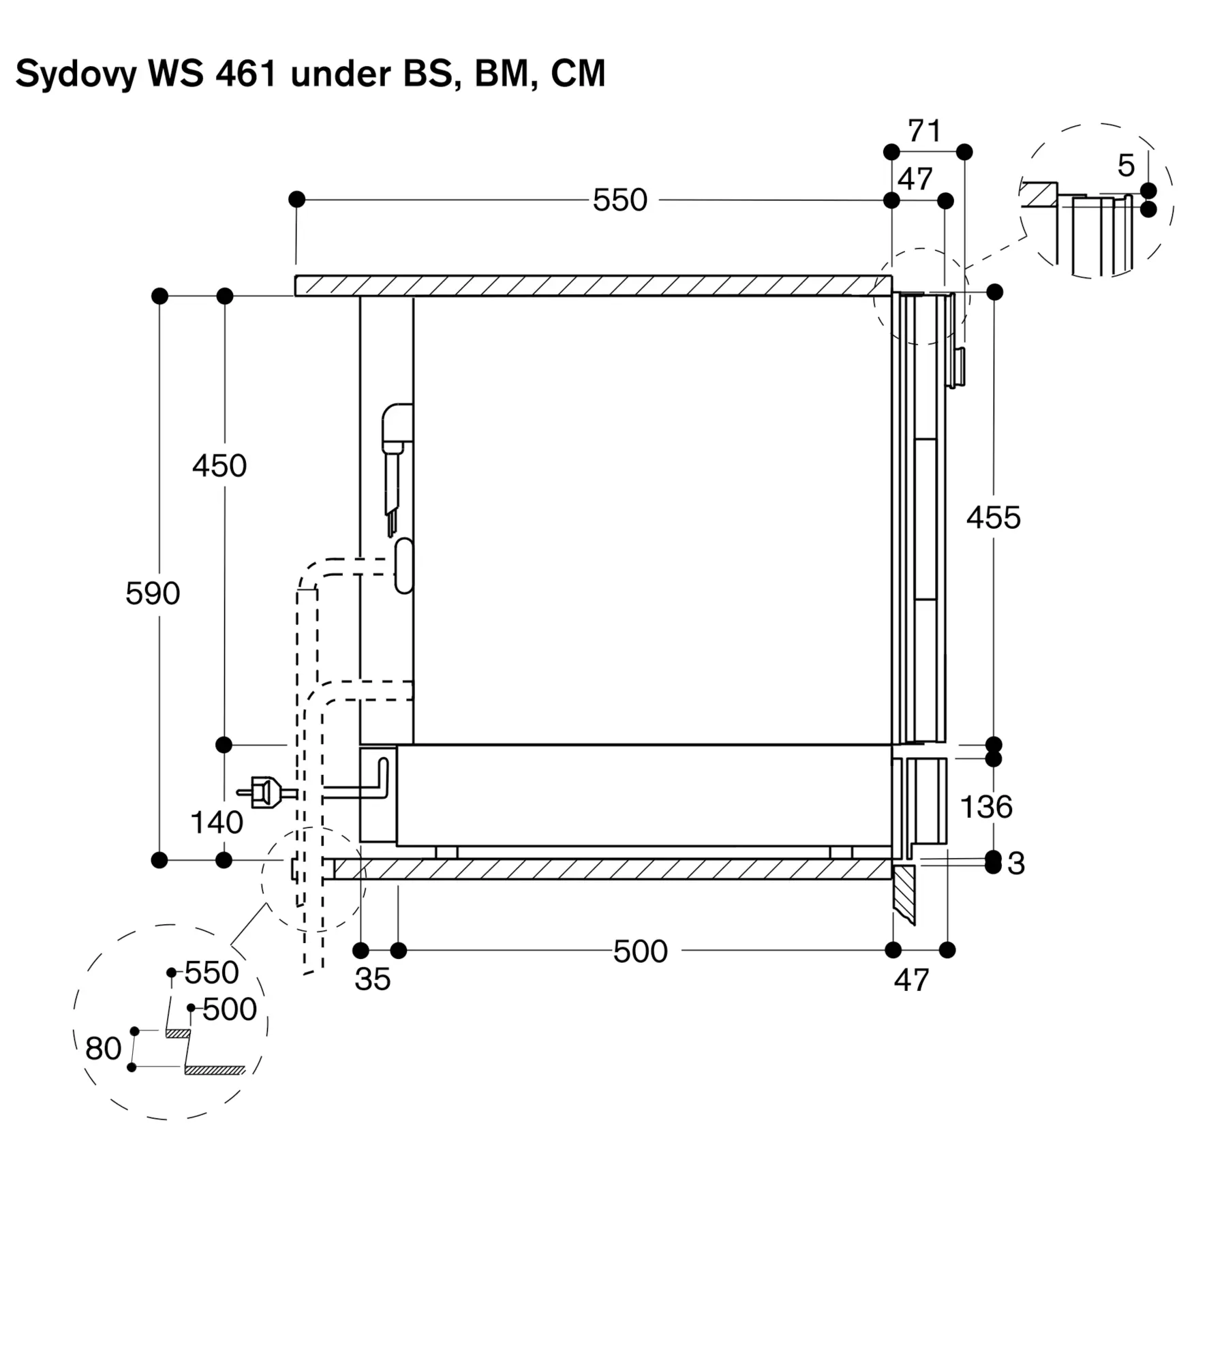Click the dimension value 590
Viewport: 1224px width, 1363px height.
(153, 594)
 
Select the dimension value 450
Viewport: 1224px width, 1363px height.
(219, 466)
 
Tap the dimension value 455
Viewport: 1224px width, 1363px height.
(994, 518)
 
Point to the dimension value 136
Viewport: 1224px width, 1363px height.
(986, 807)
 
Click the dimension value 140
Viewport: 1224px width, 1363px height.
(217, 823)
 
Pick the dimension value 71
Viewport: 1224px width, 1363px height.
(925, 131)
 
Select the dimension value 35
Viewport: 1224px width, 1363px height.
(373, 979)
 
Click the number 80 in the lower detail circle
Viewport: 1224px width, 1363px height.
(104, 1049)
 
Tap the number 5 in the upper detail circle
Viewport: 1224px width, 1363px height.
(1127, 166)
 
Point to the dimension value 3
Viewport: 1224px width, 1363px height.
(1016, 864)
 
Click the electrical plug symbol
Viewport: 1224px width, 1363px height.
(266, 793)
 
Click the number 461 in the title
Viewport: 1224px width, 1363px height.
(246, 73)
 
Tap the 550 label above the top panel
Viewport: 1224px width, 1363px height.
(620, 200)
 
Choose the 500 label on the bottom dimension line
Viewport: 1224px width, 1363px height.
(641, 951)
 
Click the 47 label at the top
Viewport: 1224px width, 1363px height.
(915, 180)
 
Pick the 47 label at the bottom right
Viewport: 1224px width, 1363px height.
(912, 981)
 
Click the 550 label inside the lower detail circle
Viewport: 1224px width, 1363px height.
(212, 973)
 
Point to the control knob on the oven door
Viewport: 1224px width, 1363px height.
(957, 368)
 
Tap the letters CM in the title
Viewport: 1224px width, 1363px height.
(578, 73)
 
